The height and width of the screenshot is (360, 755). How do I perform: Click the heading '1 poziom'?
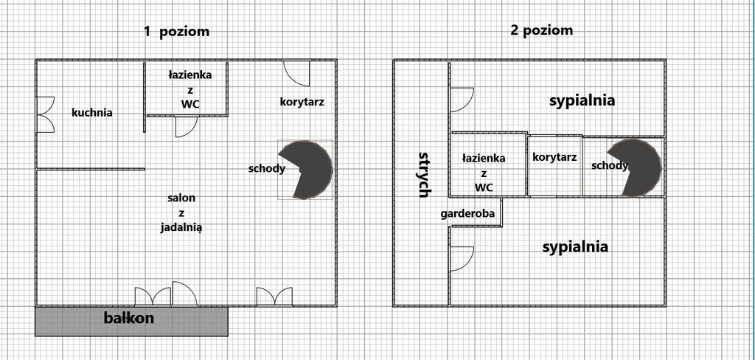pyautogui.click(x=177, y=32)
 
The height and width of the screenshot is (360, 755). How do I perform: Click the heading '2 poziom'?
pyautogui.click(x=541, y=31)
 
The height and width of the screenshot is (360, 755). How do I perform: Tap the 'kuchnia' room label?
pyautogui.click(x=92, y=113)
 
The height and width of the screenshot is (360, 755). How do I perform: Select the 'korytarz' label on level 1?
pyautogui.click(x=302, y=102)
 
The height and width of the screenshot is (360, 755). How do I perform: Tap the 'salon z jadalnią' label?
pyautogui.click(x=181, y=212)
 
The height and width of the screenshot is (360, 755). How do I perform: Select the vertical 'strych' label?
pyautogui.click(x=424, y=175)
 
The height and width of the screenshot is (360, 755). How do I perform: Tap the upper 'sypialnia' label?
pyautogui.click(x=582, y=101)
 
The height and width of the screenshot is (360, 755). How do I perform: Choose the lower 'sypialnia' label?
pyautogui.click(x=575, y=247)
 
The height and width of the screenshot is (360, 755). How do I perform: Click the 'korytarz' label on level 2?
pyautogui.click(x=554, y=157)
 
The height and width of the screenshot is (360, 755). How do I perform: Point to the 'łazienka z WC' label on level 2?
pyautogui.click(x=484, y=173)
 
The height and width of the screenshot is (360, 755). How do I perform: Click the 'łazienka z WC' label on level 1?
pyautogui.click(x=189, y=89)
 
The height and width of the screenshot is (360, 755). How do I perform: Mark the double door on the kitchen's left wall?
pyautogui.click(x=46, y=114)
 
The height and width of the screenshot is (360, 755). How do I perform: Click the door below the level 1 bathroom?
pyautogui.click(x=185, y=127)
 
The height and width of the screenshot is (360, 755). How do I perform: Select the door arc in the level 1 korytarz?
pyautogui.click(x=296, y=74)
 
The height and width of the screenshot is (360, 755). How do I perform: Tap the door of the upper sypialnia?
pyautogui.click(x=461, y=99)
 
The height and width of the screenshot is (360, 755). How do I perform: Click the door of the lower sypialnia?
pyautogui.click(x=461, y=259)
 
